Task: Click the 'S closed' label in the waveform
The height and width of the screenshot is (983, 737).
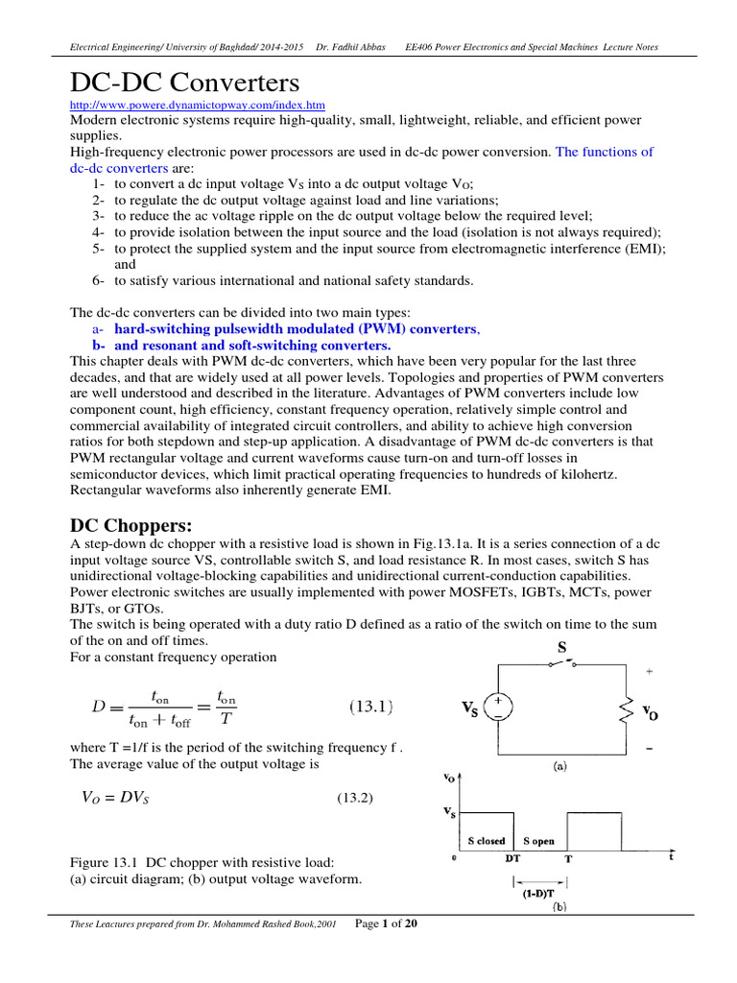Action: point(486,842)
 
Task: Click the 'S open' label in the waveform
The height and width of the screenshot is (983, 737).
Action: point(537,842)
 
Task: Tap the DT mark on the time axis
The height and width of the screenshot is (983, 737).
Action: point(513,860)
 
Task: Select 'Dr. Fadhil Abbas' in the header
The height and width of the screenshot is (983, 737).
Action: point(353,47)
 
